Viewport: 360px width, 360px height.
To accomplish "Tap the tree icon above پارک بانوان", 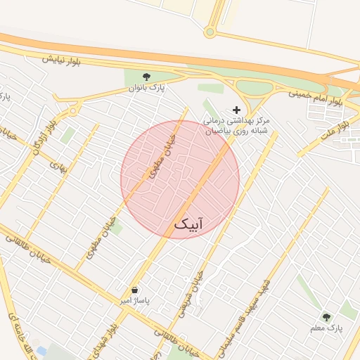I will coord(146,77).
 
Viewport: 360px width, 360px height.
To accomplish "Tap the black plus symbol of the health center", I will coord(236,110).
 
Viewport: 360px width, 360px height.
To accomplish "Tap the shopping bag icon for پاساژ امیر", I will coord(134,290).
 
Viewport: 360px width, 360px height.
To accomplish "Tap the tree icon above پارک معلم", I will coord(326,317).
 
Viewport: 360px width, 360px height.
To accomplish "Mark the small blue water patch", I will coord(41,350).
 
